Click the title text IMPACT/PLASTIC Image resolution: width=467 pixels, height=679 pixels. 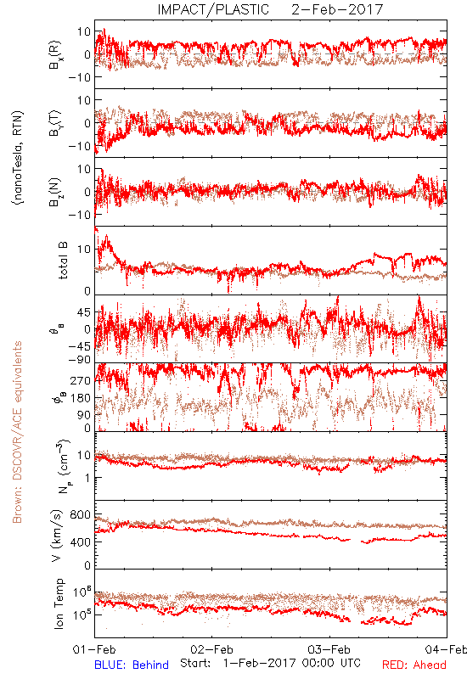click(x=213, y=9)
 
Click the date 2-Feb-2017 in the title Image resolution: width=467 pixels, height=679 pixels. click(x=337, y=9)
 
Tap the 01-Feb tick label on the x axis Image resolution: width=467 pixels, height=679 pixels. click(x=94, y=649)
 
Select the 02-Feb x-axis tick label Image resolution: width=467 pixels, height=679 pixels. click(x=211, y=649)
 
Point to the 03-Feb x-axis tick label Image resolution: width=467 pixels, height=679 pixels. click(x=329, y=649)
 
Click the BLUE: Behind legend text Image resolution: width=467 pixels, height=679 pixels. click(x=132, y=665)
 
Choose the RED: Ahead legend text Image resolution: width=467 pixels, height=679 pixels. click(x=414, y=665)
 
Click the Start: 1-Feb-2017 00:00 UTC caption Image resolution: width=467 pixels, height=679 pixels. click(x=271, y=663)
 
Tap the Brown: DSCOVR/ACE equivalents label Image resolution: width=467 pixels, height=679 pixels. click(x=17, y=432)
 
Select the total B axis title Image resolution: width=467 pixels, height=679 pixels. click(x=63, y=261)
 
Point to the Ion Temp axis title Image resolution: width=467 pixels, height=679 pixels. click(x=59, y=603)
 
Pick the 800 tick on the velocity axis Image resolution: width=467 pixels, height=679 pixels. click(x=81, y=514)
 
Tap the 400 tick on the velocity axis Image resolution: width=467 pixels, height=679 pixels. click(x=81, y=542)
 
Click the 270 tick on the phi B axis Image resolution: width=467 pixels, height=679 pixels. click(x=81, y=380)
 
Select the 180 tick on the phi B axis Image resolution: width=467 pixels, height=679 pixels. click(x=81, y=397)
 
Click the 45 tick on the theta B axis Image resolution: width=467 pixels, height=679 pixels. click(x=84, y=312)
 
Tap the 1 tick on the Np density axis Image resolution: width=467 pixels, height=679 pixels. click(x=88, y=478)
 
